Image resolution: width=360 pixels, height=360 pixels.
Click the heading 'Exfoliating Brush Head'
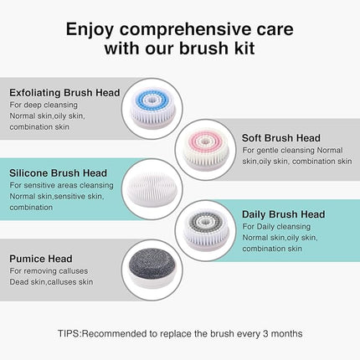(64, 92)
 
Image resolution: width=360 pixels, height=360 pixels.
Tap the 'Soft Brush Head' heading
(282, 137)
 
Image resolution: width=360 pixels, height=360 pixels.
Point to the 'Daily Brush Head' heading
(283, 214)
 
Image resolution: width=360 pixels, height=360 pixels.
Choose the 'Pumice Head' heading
(41, 259)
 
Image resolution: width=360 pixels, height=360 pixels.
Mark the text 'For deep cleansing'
(43, 104)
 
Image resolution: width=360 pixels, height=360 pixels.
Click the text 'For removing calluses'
(48, 270)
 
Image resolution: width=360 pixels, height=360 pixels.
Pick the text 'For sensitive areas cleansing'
(61, 185)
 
